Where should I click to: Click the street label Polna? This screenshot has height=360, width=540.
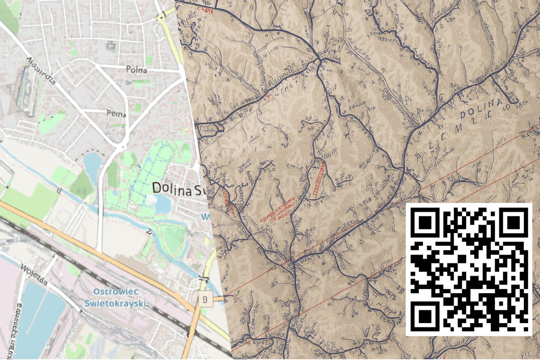click(x=136, y=70)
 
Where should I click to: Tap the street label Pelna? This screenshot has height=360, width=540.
click(x=117, y=114)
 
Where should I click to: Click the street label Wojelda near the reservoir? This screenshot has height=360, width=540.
click(x=34, y=275)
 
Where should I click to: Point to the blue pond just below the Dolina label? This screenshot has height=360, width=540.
click(x=162, y=204)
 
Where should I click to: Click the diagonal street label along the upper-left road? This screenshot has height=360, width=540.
click(x=42, y=71)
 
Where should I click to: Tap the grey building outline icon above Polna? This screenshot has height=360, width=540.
click(x=113, y=45)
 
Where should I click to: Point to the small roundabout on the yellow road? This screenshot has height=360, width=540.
click(x=162, y=17)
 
